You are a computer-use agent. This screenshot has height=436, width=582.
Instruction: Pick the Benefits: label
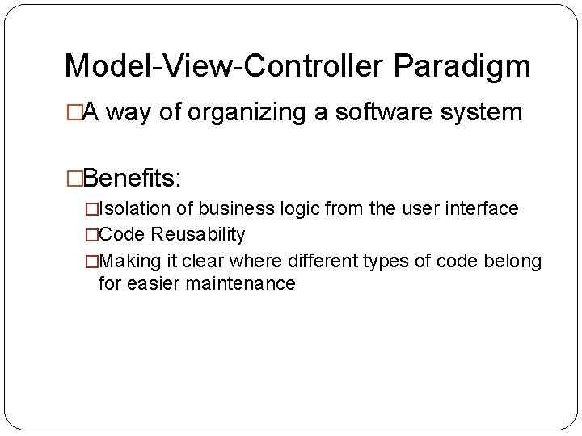point(133,177)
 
